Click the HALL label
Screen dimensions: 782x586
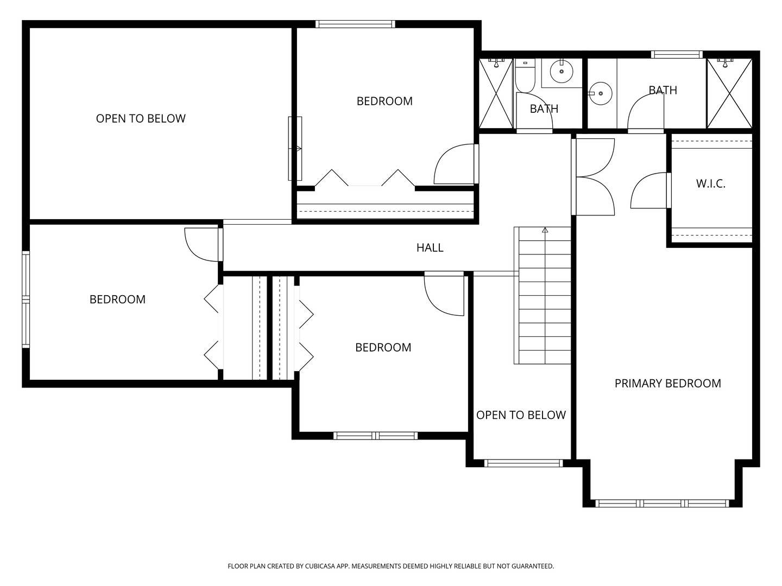click(x=430, y=247)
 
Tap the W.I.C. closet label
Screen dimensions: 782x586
click(x=711, y=183)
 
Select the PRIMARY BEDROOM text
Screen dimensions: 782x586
click(x=667, y=383)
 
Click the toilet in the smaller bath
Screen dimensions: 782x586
click(x=525, y=75)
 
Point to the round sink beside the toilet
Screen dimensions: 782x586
click(x=562, y=71)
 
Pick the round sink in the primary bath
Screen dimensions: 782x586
click(x=600, y=93)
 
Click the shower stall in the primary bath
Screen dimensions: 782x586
click(x=729, y=93)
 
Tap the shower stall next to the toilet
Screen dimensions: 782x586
click(x=496, y=93)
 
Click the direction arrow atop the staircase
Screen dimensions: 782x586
click(x=545, y=230)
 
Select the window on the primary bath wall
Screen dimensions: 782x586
click(x=677, y=54)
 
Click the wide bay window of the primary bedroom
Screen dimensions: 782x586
click(x=663, y=504)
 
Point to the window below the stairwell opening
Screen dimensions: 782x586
click(x=524, y=463)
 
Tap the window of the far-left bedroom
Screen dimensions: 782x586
click(x=26, y=299)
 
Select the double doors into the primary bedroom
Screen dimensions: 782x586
click(x=593, y=177)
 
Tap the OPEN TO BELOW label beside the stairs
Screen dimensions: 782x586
click(x=521, y=415)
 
